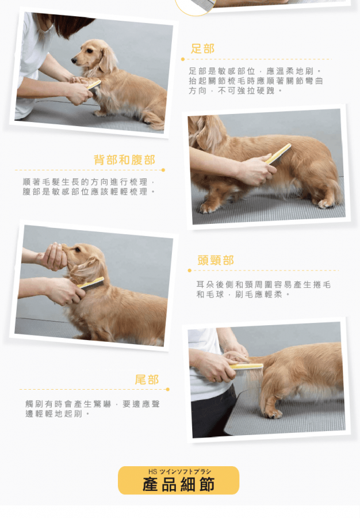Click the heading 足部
(x=202, y=48)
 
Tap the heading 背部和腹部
(x=124, y=160)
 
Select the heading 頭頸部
(x=216, y=260)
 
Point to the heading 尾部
(x=147, y=380)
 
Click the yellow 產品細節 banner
(x=178, y=481)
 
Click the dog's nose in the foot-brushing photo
(x=74, y=60)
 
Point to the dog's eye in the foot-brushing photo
(x=88, y=51)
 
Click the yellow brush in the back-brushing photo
(x=278, y=154)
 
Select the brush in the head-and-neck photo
(x=90, y=283)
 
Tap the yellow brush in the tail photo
(x=247, y=367)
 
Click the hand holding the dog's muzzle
(x=53, y=256)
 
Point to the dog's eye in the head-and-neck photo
(x=78, y=250)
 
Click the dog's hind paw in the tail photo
(x=274, y=413)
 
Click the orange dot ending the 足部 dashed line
(x=183, y=59)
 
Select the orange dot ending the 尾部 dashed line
(x=168, y=390)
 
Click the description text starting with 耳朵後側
(x=263, y=290)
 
